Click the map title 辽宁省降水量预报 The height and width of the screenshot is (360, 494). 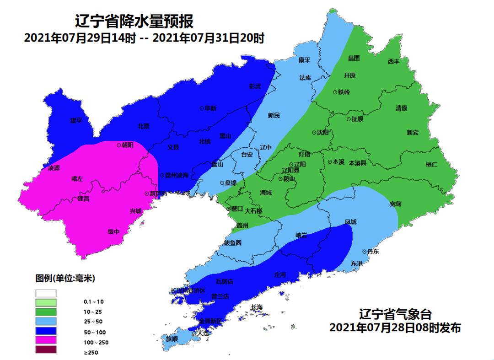[134, 21]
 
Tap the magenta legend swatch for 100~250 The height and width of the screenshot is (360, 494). [46, 340]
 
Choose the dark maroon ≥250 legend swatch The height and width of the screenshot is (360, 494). [46, 350]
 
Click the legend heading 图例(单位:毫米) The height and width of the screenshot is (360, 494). [65, 278]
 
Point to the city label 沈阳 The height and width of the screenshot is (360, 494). [322, 133]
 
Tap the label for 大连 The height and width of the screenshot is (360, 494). [203, 333]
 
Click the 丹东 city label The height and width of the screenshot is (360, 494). [373, 252]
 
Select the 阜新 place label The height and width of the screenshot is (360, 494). [210, 108]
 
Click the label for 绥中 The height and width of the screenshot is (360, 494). [113, 231]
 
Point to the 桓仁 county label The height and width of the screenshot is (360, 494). [431, 164]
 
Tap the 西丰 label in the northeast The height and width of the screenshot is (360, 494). [393, 61]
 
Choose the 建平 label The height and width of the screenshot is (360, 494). [76, 121]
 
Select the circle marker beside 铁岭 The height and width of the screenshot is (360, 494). [335, 92]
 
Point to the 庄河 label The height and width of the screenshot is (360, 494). [279, 275]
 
